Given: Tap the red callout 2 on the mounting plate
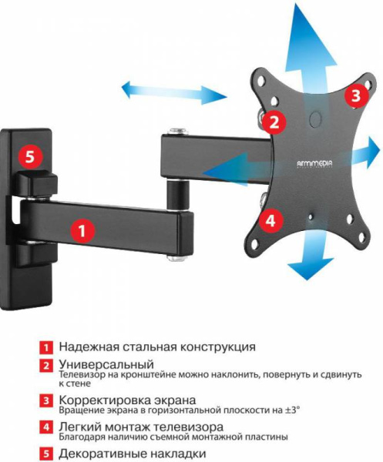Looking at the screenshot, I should [273, 121].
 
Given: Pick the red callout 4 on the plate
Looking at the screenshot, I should [269, 220].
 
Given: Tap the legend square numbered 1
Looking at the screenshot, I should [47, 347].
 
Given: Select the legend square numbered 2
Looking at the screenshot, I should [47, 363].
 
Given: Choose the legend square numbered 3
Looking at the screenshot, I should [47, 400].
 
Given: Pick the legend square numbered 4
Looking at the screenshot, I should [47, 427].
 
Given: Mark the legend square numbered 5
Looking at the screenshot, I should [47, 454].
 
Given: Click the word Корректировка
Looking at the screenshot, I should [104, 400].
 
